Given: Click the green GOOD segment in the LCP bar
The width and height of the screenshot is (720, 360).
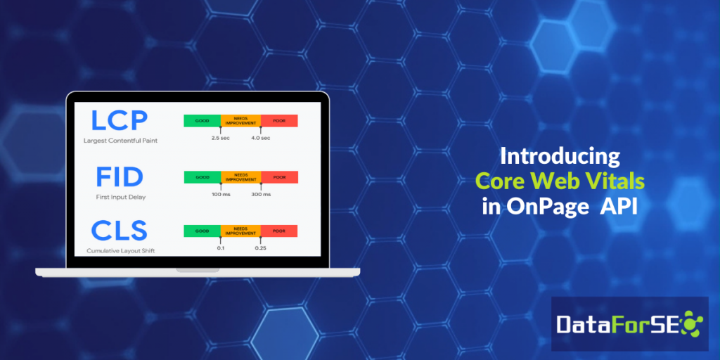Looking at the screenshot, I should tap(202, 121).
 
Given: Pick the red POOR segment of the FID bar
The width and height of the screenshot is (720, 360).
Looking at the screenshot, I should tap(279, 177).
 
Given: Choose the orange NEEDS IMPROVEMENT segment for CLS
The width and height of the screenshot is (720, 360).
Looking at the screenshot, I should tap(240, 231).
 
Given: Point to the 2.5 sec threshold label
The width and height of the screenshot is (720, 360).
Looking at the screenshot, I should tap(221, 138).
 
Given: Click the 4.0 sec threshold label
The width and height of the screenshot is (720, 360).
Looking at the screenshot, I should tap(261, 138).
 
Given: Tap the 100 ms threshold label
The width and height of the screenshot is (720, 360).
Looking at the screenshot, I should tap(221, 193).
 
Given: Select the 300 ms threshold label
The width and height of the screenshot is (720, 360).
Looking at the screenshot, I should tap(261, 193).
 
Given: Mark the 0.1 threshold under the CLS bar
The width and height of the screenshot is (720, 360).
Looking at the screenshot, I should tap(221, 247).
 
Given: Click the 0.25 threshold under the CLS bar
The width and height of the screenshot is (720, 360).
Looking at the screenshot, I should tap(261, 247).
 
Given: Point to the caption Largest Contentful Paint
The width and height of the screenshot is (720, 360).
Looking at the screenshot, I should tap(120, 141).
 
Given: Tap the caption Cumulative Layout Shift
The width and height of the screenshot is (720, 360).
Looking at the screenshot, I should tap(121, 250).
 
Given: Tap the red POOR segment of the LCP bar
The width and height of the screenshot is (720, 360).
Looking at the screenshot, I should tap(279, 121).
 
